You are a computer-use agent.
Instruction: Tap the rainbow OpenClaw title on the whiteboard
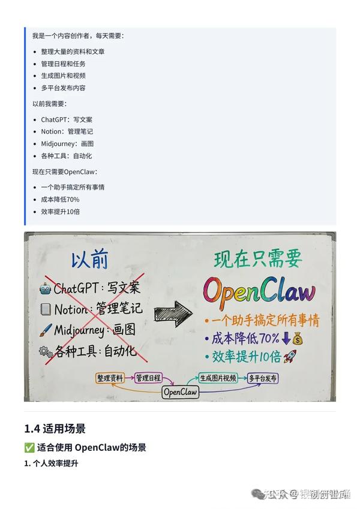pos(259,290)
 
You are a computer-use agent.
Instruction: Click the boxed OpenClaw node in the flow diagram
pos(181,392)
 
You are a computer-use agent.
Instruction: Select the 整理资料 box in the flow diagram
pos(110,378)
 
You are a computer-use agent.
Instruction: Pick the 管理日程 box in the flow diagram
pos(148,378)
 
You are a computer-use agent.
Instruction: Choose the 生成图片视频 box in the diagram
pos(218,378)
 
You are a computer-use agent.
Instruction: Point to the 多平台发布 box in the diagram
pos(263,378)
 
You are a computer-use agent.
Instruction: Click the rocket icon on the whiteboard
pos(292,357)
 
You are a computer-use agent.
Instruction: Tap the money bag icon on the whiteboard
pos(298,338)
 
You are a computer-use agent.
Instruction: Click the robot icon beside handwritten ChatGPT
pos(44,288)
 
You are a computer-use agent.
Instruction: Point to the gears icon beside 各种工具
pos(46,351)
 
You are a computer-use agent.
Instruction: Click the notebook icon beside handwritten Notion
pos(46,309)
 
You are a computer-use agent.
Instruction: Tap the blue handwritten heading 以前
pos(90,261)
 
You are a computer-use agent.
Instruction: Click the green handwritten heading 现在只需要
pos(258,260)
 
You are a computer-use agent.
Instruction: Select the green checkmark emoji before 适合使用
pos(29,447)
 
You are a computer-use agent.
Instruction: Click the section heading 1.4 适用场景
pos(55,429)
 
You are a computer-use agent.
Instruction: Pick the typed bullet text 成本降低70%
pos(60,199)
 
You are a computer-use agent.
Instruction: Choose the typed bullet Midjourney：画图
pos(67,143)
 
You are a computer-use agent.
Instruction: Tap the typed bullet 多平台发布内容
pos(63,88)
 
